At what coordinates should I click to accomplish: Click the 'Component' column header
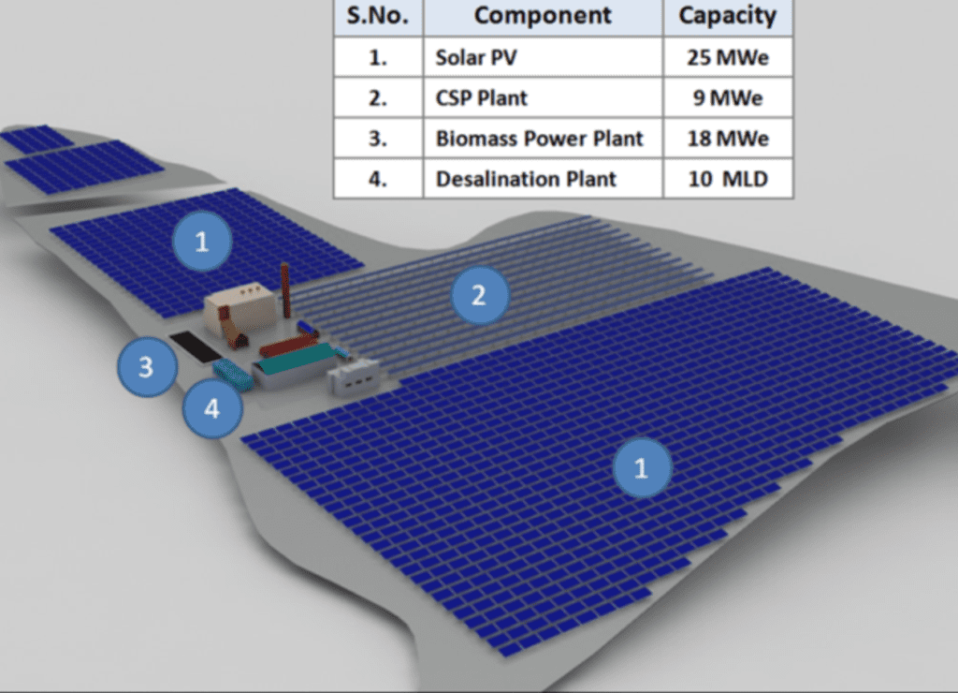click(543, 16)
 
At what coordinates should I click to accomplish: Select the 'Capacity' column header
click(728, 16)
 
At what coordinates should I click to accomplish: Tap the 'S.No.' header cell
click(378, 16)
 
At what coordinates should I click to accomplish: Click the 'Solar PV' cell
click(543, 57)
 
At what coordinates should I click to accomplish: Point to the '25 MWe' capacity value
click(728, 57)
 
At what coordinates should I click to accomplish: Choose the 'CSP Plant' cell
click(543, 98)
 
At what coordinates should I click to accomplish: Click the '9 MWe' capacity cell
click(728, 98)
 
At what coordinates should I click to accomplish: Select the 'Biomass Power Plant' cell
click(543, 139)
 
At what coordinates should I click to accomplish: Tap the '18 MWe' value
click(728, 139)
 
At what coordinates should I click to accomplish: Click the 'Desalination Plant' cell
click(543, 179)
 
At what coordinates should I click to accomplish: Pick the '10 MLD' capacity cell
click(728, 179)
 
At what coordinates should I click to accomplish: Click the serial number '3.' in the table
click(378, 139)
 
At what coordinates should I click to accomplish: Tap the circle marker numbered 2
click(480, 295)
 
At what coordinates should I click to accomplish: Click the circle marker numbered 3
click(147, 367)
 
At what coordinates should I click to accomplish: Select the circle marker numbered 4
click(212, 408)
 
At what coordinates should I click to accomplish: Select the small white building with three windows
click(353, 375)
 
